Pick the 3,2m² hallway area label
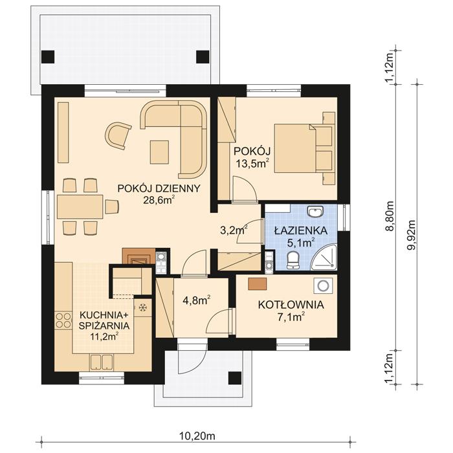234,229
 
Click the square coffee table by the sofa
159,151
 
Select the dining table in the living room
80,207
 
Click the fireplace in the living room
138,258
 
